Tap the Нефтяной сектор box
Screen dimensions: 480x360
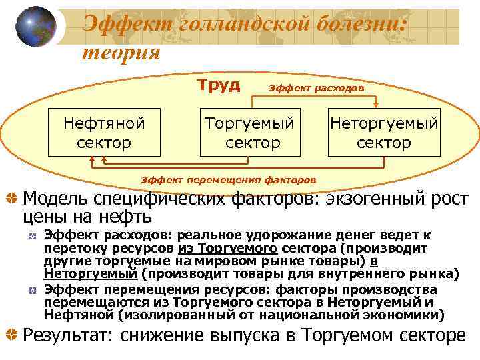pyautogui.click(x=104, y=133)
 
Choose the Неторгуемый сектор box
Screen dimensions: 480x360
pyautogui.click(x=384, y=133)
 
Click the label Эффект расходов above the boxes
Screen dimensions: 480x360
pyautogui.click(x=315, y=88)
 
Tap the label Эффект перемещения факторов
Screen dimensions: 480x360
pyautogui.click(x=229, y=179)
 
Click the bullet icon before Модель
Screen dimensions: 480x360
pyautogui.click(x=10, y=198)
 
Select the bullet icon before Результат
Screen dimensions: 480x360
pyautogui.click(x=10, y=335)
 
